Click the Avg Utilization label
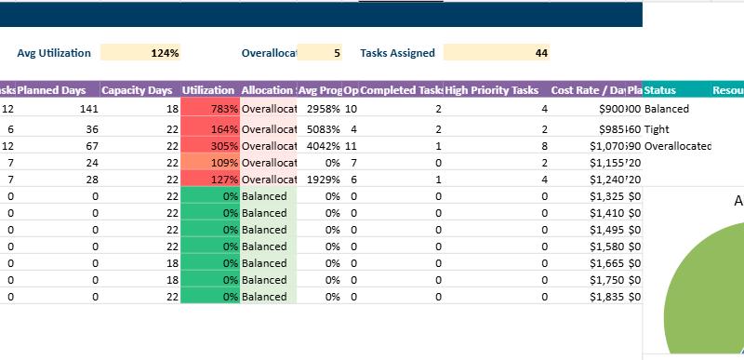point(54,53)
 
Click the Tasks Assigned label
point(397,53)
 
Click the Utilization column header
point(208,90)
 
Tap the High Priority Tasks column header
point(492,90)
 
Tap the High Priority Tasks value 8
point(544,147)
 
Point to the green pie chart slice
point(707,298)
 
